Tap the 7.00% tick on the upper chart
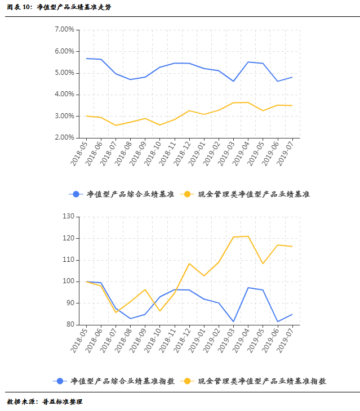click(x=65, y=29)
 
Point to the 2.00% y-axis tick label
click(x=65, y=137)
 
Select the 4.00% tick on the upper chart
click(x=65, y=95)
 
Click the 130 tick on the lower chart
click(x=68, y=217)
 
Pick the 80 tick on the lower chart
click(x=70, y=325)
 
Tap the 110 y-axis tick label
click(x=68, y=260)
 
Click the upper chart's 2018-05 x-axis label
click(x=79, y=153)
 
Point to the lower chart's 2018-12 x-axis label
click(x=181, y=341)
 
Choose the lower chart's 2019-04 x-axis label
click(x=240, y=341)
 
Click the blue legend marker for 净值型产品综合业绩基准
click(x=75, y=194)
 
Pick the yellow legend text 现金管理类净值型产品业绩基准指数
click(x=262, y=381)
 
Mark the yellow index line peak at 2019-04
click(x=248, y=236)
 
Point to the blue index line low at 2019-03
click(x=233, y=321)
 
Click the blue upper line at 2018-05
click(x=87, y=58)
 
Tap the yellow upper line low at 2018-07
click(x=116, y=125)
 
